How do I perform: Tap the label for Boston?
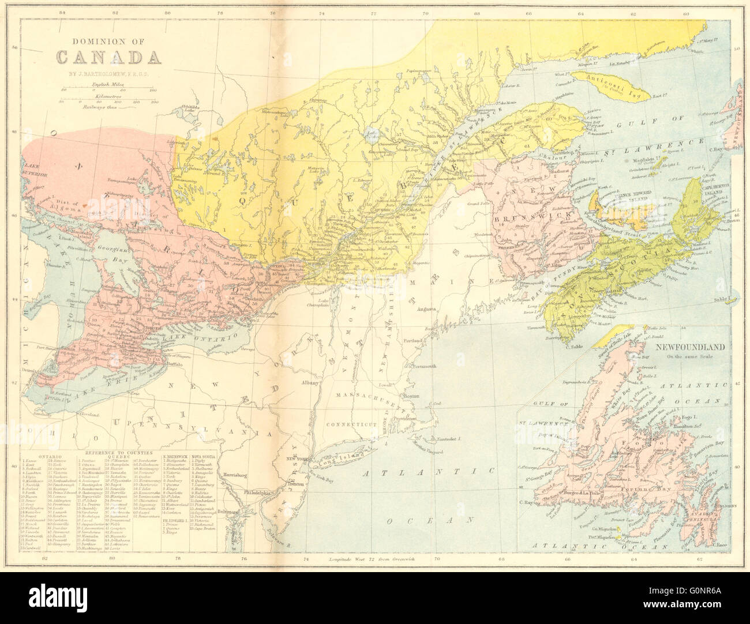click(x=412, y=397)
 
